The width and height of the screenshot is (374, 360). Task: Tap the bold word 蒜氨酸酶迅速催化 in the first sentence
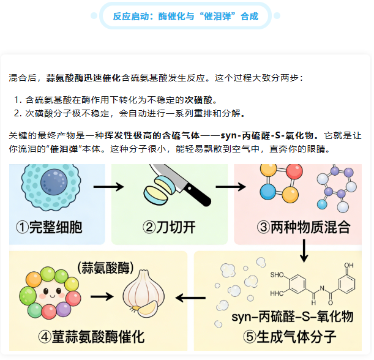pos(83,78)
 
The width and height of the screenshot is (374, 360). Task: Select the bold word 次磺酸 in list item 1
pos(203,99)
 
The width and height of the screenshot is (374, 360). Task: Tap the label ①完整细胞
pos(50,228)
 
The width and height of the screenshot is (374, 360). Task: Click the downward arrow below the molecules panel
pos(304,250)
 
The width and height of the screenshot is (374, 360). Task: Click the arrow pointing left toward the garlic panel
pos(190,298)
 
